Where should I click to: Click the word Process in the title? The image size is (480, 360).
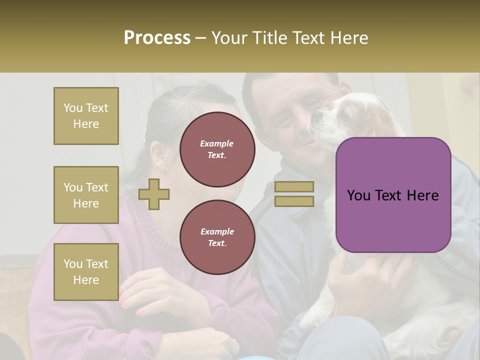[157, 38]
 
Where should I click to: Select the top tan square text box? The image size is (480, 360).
[86, 116]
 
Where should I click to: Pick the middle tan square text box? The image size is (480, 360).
[86, 195]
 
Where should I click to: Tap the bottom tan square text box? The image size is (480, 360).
[86, 271]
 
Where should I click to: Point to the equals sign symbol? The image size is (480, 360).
[294, 194]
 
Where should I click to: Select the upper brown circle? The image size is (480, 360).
[217, 149]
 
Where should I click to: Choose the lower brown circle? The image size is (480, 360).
[217, 237]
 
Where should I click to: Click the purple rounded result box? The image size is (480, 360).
[393, 195]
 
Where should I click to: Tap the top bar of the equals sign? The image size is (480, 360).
[294, 187]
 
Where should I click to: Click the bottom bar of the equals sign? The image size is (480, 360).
[294, 201]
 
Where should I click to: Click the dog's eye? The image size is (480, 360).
[343, 115]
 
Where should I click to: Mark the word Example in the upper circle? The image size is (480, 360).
[217, 143]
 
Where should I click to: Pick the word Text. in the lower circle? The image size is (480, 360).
[217, 243]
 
